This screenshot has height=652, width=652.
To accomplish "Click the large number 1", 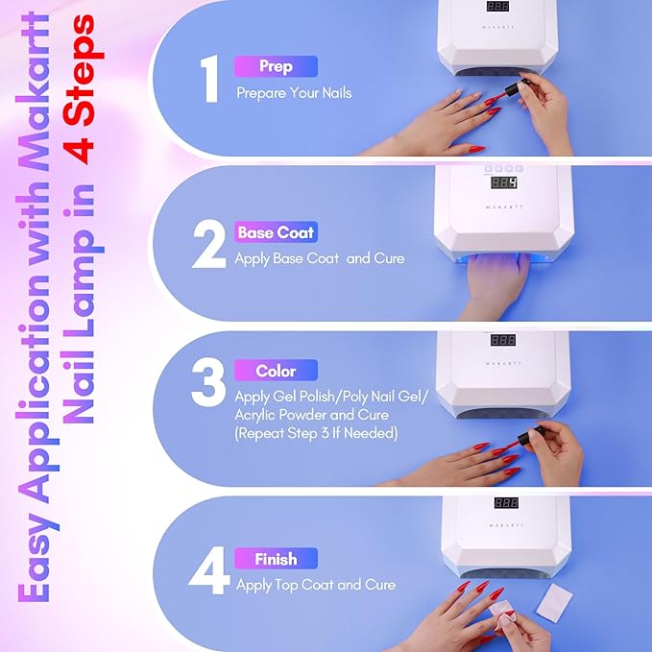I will point(209,81).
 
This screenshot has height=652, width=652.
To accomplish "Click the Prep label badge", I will point(276,67).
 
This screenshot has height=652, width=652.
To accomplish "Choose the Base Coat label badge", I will point(276,232).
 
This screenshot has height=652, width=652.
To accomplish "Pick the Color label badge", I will point(276,371).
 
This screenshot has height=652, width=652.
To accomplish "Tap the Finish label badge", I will point(276,559).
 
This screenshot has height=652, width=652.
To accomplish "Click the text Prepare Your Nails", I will point(295,94).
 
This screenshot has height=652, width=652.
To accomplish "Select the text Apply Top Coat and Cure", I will point(315,584).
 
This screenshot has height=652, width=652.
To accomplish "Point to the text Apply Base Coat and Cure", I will point(320,258).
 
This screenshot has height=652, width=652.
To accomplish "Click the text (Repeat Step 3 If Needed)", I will point(317,433).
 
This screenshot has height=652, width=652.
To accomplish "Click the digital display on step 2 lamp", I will point(504,182).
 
